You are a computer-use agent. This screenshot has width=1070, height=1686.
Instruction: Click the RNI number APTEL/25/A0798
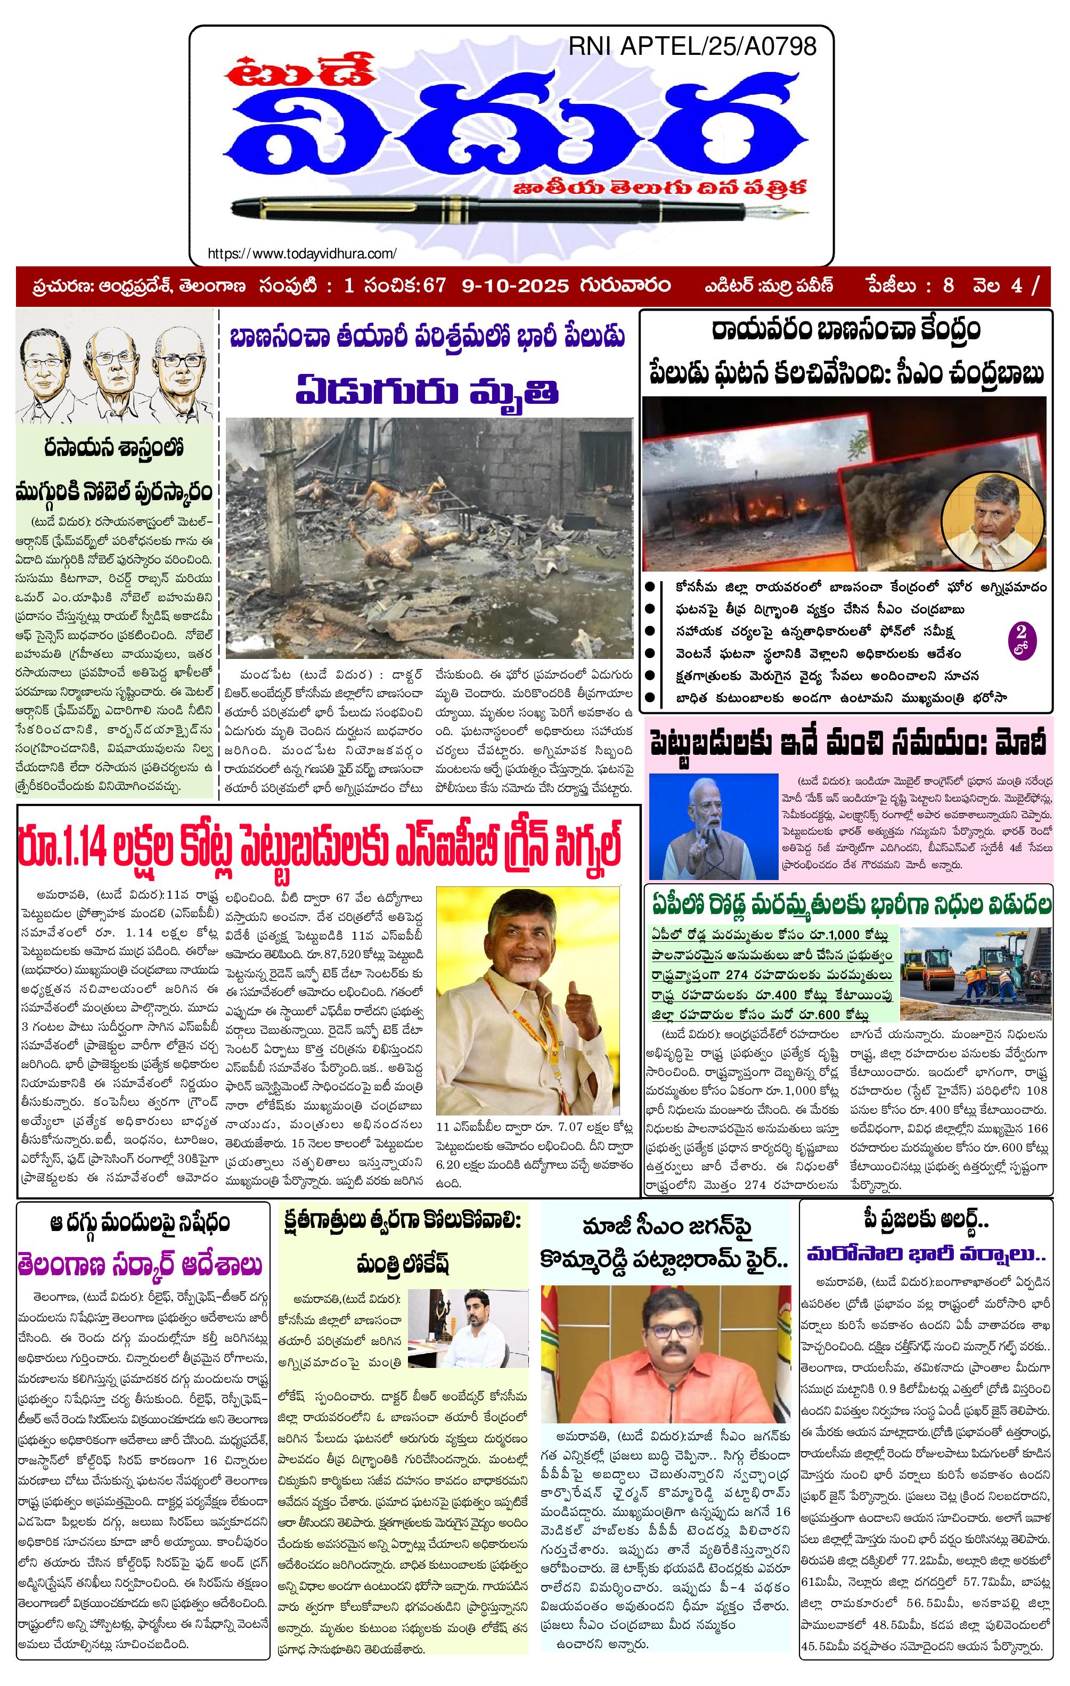pyautogui.click(x=691, y=46)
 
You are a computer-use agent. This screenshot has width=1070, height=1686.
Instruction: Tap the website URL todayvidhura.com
pyautogui.click(x=302, y=254)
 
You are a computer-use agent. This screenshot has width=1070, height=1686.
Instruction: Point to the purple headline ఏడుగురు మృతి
pyautogui.click(x=427, y=390)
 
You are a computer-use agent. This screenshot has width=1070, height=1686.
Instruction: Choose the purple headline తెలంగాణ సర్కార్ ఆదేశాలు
pyautogui.click(x=140, y=1265)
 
